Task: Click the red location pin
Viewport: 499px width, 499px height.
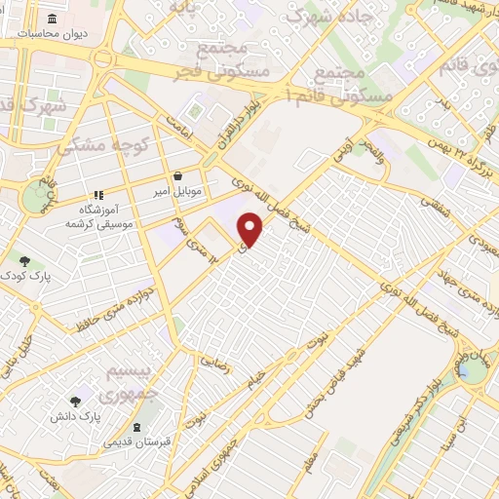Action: [251, 230]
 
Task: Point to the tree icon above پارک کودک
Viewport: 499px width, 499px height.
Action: [24, 260]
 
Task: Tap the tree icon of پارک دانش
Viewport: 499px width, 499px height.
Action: [75, 401]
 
